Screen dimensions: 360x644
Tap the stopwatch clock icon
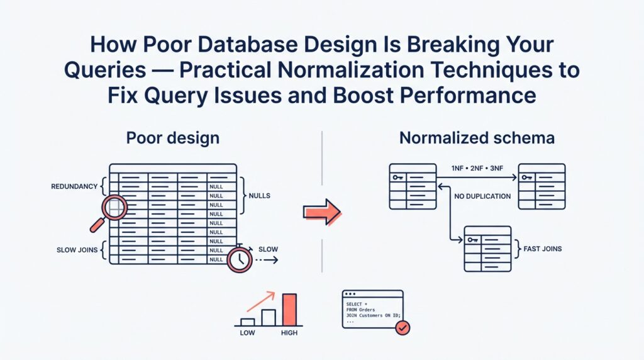240,258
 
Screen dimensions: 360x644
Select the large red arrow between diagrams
321,212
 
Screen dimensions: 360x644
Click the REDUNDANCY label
75,187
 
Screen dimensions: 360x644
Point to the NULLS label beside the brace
259,196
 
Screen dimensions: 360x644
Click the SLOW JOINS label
77,250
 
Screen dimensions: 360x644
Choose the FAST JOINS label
543,249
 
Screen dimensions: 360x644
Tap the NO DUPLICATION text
482,196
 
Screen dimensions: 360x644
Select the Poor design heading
173,138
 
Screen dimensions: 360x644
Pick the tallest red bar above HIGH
289,310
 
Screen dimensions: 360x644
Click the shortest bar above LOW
247,322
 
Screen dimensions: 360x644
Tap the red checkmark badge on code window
401,327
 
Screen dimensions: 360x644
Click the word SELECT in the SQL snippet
354,304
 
